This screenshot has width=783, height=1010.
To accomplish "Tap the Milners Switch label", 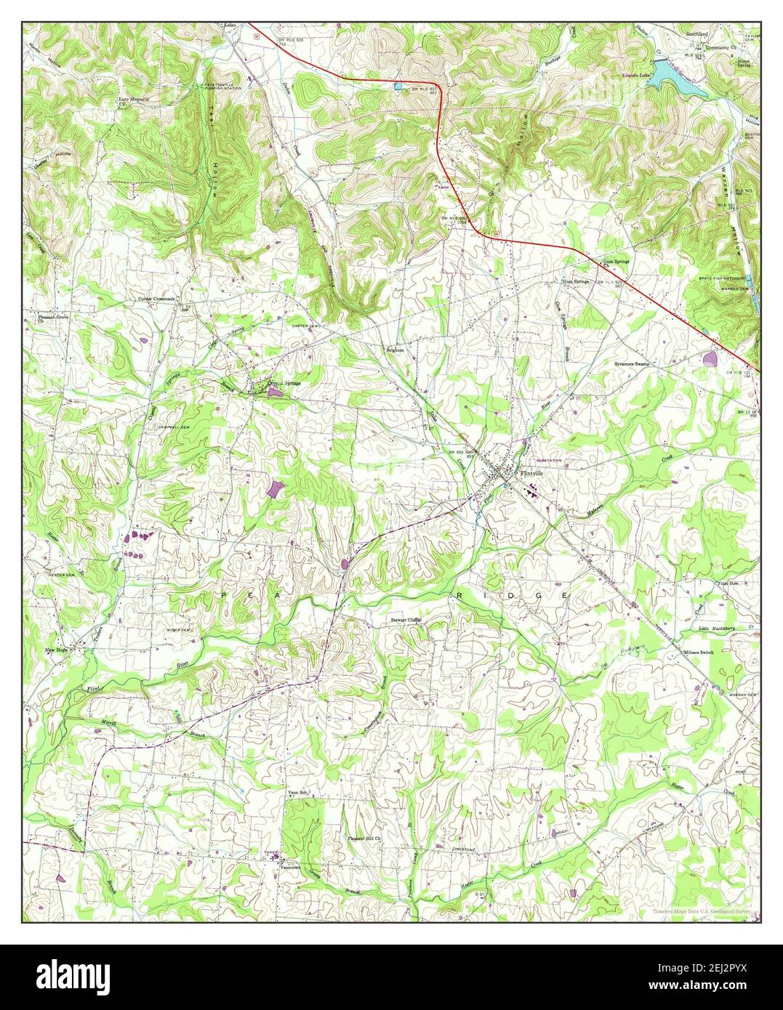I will pyautogui.click(x=699, y=653).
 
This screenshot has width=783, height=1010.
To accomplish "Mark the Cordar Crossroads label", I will pyautogui.click(x=160, y=299).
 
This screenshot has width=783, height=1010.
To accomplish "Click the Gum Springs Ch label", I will pyautogui.click(x=614, y=262).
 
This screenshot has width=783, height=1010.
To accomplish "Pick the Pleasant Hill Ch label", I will pyautogui.click(x=364, y=838).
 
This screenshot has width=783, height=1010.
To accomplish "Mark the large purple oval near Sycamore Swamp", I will pyautogui.click(x=710, y=357).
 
